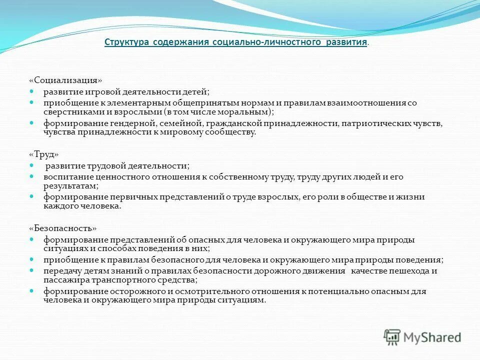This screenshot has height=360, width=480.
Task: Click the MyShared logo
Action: (x=422, y=336)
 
